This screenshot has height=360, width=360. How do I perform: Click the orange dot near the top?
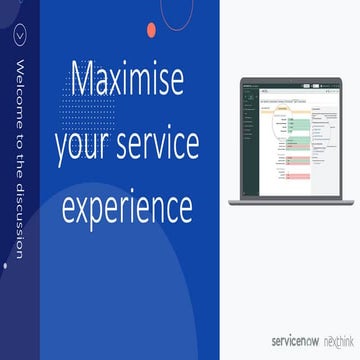point(151,30)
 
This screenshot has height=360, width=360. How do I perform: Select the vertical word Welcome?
point(18,92)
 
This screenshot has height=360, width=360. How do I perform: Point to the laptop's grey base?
point(290,202)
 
